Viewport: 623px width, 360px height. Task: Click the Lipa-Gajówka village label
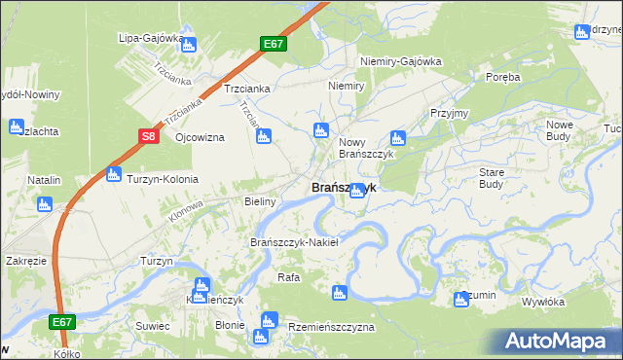click(x=151, y=38)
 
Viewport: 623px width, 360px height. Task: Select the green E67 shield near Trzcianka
click(x=274, y=45)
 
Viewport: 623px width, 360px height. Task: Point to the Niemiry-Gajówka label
click(x=401, y=61)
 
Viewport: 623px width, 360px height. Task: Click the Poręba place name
click(x=503, y=76)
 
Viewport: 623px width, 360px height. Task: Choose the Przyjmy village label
click(x=449, y=113)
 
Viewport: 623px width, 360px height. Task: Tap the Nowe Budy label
click(x=566, y=130)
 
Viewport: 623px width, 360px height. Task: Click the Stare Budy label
click(x=492, y=177)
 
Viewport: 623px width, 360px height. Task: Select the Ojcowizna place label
click(x=200, y=137)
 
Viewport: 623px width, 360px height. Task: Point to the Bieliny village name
click(x=261, y=201)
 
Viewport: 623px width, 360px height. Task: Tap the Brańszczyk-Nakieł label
click(x=294, y=242)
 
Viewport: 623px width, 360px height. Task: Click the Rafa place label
click(x=288, y=277)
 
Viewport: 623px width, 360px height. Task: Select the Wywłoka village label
click(x=543, y=302)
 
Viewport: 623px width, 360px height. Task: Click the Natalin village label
click(x=44, y=180)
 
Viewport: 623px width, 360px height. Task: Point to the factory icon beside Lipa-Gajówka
click(x=188, y=44)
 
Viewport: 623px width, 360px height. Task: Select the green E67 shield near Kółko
click(x=61, y=321)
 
